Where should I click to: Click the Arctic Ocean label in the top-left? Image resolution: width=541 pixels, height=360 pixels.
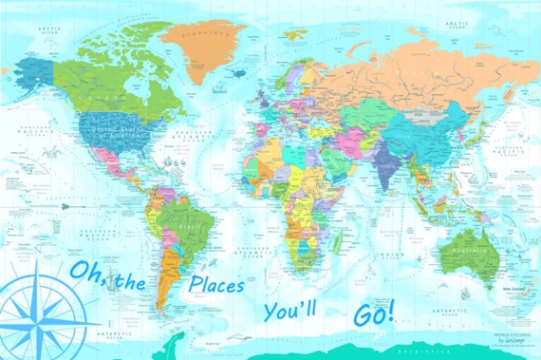pyautogui.click(x=46, y=29)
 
